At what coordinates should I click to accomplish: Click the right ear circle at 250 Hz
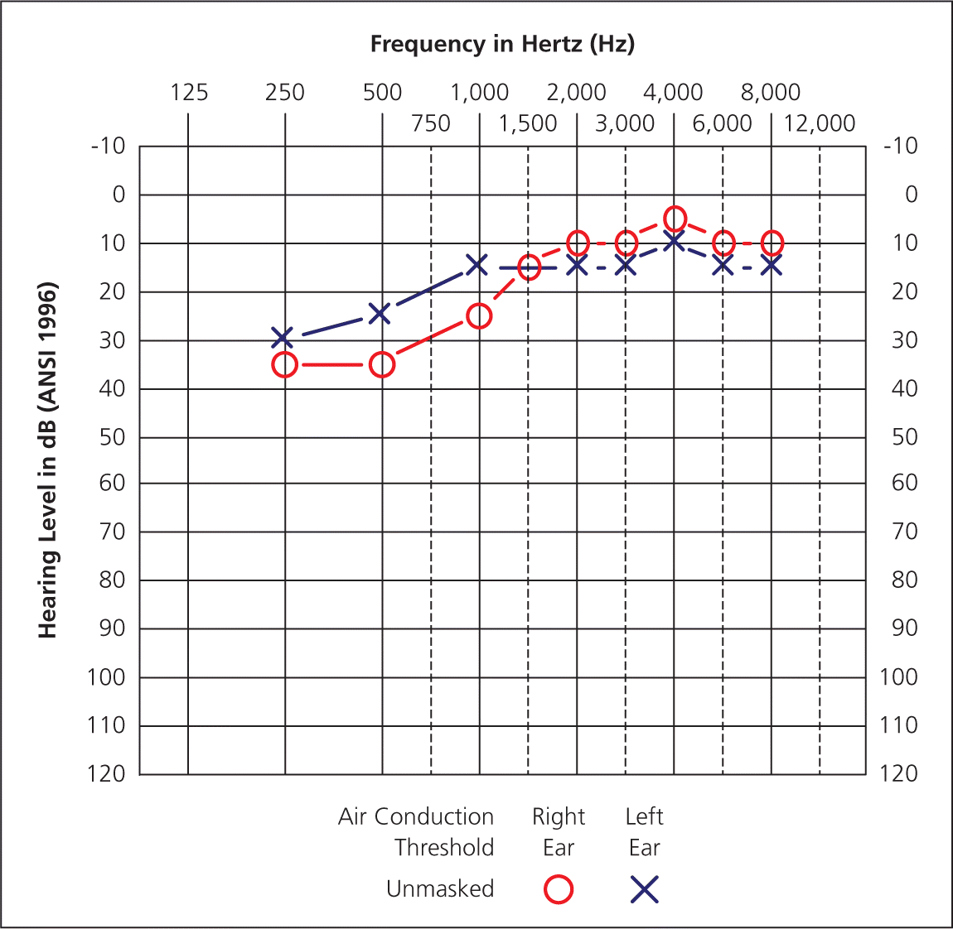(x=285, y=364)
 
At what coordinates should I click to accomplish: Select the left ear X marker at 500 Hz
(x=380, y=314)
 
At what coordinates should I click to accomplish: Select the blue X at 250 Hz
(x=283, y=338)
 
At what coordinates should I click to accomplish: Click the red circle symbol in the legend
(x=559, y=889)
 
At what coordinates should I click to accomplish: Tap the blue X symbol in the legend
(x=644, y=889)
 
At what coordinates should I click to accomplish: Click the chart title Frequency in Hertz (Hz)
(x=502, y=44)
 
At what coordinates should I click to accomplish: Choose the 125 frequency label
(x=189, y=92)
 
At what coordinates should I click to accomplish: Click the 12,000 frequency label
(x=820, y=124)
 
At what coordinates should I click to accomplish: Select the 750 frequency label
(x=431, y=124)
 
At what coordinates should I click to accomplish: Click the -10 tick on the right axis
(x=901, y=147)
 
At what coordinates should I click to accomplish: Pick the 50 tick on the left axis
(x=112, y=436)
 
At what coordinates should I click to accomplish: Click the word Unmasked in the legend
(x=440, y=889)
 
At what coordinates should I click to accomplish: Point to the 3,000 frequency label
(x=625, y=124)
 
